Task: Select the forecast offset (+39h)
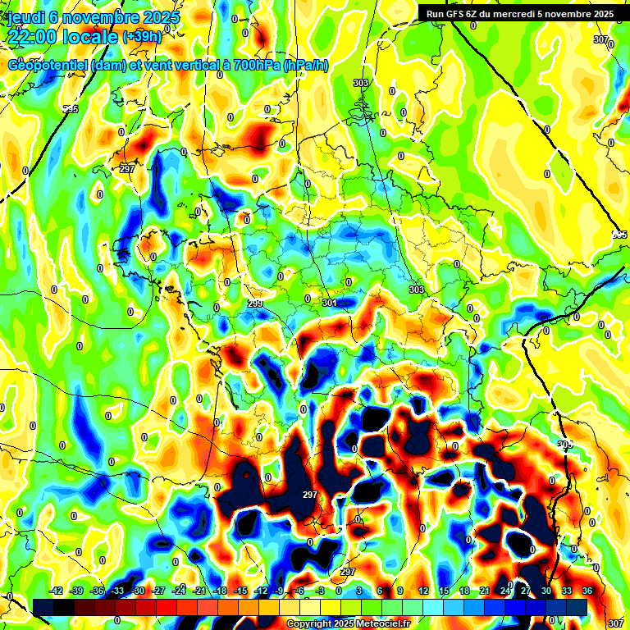tap(142, 37)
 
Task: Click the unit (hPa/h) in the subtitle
tap(305, 66)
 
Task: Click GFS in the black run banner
tap(454, 14)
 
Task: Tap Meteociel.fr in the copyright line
tap(380, 624)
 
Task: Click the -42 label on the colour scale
tap(57, 591)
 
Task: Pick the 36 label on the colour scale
tap(587, 591)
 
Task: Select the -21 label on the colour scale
tap(199, 591)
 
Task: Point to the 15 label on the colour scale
tap(444, 591)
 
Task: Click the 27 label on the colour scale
tap(526, 591)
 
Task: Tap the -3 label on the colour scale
tap(321, 591)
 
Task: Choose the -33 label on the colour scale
tap(118, 591)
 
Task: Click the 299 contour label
tap(255, 304)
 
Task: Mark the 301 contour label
tap(330, 303)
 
